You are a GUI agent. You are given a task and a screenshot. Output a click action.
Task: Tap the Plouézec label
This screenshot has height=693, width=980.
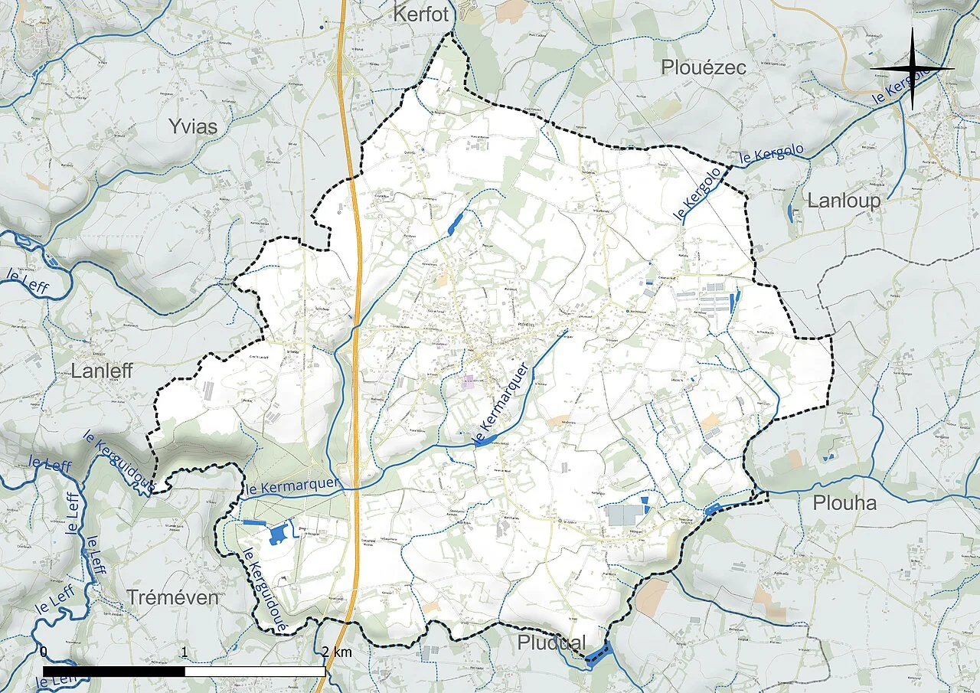point(704,67)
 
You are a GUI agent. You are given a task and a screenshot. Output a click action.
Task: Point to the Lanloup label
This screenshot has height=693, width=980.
point(844,201)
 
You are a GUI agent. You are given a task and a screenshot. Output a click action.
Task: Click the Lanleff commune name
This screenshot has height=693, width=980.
point(102,371)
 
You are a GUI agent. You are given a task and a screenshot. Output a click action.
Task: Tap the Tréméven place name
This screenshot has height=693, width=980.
point(172,597)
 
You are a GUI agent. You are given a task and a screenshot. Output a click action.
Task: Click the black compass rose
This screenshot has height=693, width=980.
point(912,69)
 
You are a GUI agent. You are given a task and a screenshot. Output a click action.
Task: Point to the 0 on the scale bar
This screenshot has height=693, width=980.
point(44,652)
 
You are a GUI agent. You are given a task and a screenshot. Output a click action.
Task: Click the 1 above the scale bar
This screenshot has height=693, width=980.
point(185,652)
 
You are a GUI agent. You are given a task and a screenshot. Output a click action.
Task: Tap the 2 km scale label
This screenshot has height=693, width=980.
point(337,652)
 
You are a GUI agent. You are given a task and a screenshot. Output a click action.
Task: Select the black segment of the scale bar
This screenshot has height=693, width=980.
point(114,672)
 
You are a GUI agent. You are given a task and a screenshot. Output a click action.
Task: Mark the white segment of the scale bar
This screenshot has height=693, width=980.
point(255,672)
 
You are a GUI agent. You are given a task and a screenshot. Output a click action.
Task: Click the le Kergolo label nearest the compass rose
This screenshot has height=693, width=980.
point(909,85)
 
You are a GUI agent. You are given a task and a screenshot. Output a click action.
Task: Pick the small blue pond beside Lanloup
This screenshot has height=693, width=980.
point(791,213)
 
